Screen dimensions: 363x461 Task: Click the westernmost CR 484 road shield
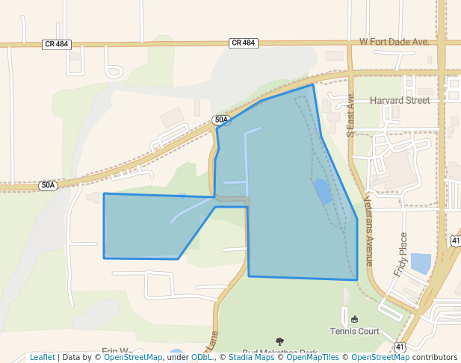[x=57, y=44]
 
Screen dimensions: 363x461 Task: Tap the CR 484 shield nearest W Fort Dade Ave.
[x=244, y=43]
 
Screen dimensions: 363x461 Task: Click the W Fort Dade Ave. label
[x=395, y=42]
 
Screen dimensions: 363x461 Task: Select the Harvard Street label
[x=400, y=100]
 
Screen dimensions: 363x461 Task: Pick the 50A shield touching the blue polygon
[x=221, y=120]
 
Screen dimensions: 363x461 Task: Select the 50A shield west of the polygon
[x=48, y=185]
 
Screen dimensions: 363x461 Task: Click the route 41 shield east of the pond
[x=456, y=240]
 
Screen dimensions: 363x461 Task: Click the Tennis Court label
[x=355, y=331]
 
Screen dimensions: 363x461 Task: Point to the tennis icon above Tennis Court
[x=354, y=320]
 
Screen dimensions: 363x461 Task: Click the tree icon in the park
[x=279, y=341]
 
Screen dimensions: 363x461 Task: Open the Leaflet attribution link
[x=42, y=357]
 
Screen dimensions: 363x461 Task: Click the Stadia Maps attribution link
[x=250, y=357]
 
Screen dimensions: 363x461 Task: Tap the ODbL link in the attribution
[x=202, y=357]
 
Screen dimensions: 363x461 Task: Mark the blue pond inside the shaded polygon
[x=322, y=192]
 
